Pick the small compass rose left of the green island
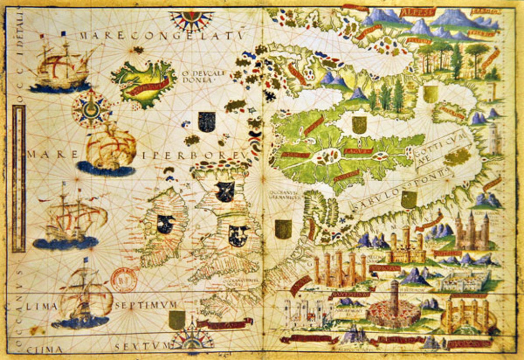tap(91, 108)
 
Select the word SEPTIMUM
tap(139, 305)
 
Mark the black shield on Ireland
tap(165, 224)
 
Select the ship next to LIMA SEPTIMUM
tap(82, 300)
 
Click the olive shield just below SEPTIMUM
tap(177, 320)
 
